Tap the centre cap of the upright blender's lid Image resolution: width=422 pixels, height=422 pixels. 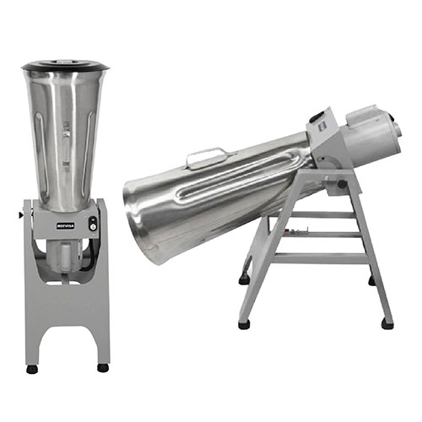click(x=65, y=61)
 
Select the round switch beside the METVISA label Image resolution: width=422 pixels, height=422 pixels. click(x=92, y=225)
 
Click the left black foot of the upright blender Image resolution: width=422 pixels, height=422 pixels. click(x=32, y=368)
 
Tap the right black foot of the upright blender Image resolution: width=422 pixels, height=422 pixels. click(x=103, y=367)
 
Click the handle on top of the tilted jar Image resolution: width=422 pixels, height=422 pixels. click(x=207, y=155)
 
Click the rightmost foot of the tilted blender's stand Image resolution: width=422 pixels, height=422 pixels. click(x=387, y=322)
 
